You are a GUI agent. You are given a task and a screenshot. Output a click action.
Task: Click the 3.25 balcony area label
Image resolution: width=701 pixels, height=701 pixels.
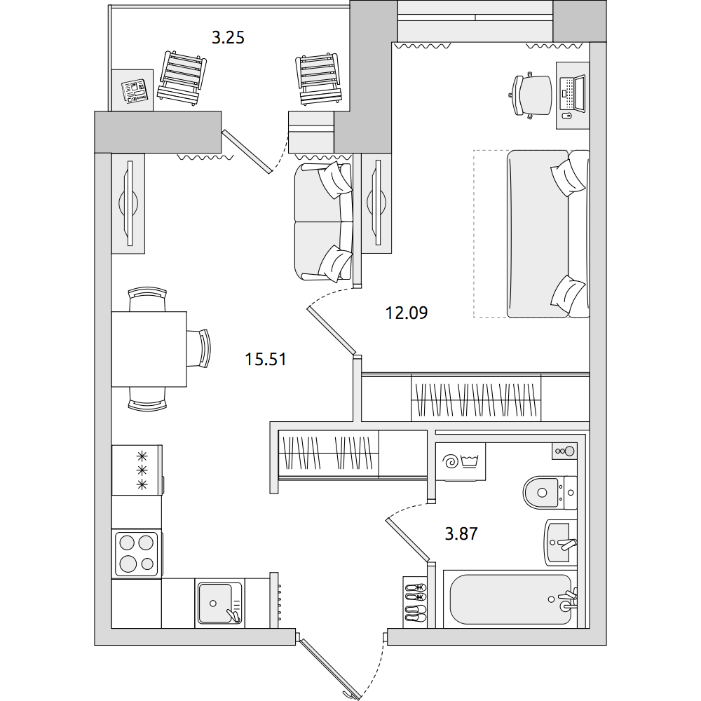228,38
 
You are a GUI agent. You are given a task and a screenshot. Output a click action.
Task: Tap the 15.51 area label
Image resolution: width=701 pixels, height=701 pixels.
266,359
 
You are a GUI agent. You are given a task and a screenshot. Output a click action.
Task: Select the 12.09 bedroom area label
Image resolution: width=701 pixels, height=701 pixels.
407,313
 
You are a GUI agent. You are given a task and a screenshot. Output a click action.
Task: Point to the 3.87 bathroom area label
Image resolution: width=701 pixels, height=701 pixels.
461,533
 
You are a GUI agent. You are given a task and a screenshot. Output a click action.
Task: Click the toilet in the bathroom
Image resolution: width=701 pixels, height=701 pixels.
550,493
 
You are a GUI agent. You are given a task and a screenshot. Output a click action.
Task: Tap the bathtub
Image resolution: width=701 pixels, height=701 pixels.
510,599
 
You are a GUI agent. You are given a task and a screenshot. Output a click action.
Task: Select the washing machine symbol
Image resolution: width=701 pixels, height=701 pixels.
461,461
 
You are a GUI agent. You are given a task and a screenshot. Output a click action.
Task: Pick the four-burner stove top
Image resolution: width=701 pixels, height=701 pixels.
137,554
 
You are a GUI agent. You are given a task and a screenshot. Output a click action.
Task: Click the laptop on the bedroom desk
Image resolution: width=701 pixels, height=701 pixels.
573,93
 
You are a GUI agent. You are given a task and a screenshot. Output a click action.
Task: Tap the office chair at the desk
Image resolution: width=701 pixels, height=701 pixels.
531,95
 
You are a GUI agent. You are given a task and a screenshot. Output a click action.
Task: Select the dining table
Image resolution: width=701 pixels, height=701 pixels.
149,348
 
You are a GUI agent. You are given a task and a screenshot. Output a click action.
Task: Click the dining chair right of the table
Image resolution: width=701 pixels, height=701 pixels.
198,348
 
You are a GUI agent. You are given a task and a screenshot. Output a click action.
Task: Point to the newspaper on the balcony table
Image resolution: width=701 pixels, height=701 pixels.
135,91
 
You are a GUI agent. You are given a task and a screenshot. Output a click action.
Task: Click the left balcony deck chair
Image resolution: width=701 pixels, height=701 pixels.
182,78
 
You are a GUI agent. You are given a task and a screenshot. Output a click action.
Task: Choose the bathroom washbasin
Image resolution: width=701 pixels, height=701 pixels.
560,543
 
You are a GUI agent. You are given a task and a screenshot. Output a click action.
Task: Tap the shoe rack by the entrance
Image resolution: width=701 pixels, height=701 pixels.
415,602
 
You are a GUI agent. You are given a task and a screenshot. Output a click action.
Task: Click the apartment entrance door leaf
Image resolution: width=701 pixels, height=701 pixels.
330,668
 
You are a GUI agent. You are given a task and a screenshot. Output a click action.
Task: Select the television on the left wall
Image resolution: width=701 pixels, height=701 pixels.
128,203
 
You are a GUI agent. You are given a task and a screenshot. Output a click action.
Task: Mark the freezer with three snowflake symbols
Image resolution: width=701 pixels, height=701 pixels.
137,470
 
